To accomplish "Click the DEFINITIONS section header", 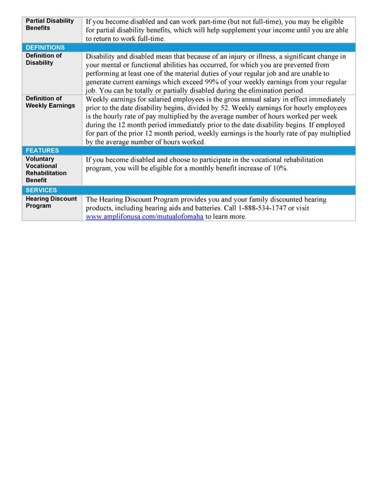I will coord(45,47).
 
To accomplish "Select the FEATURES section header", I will coord(42,151).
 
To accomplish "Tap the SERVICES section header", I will coord(42,190).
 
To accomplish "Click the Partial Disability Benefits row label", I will coord(50,25).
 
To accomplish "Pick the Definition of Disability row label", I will coord(43,59).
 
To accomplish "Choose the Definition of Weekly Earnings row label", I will coord(50,102).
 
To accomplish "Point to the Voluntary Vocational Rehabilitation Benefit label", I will coord(46,170).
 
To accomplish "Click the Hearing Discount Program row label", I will coord(51,202).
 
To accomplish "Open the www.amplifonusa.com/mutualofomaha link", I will coord(144,216).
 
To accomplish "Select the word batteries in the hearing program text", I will coord(197,208).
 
